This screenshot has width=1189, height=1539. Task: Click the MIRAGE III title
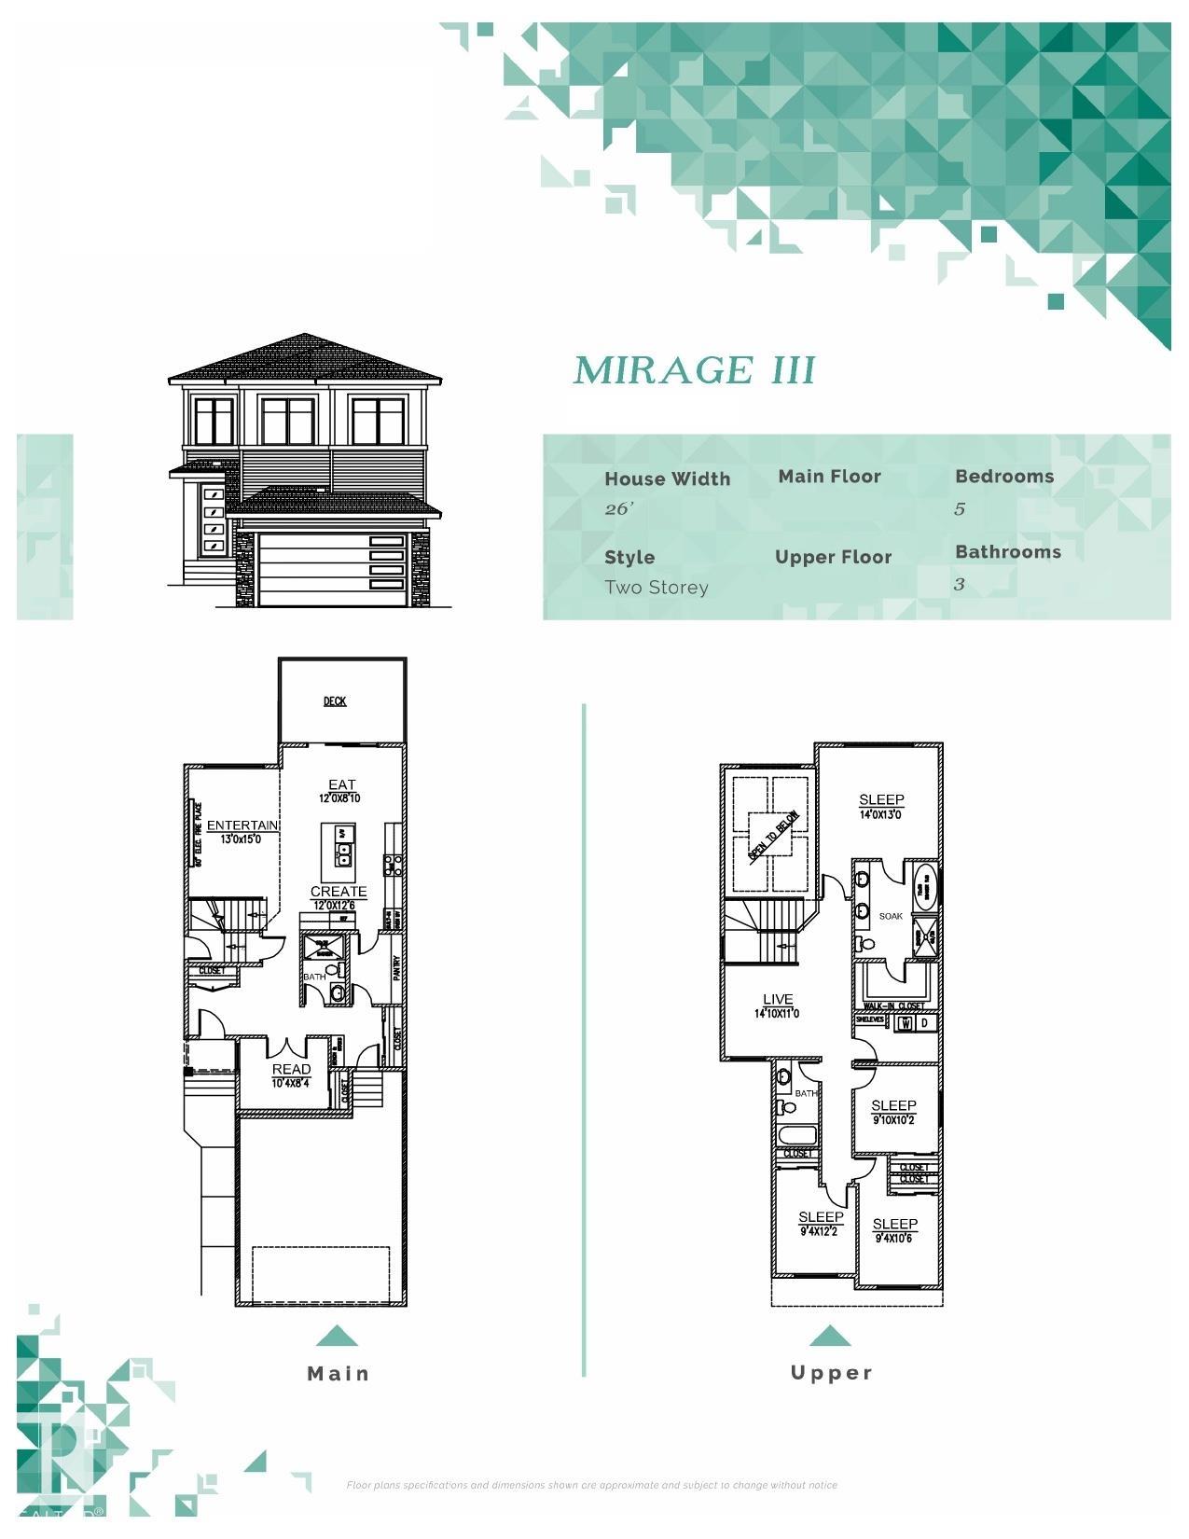[694, 370]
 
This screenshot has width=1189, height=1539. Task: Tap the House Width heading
[667, 478]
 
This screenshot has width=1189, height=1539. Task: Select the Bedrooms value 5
[960, 508]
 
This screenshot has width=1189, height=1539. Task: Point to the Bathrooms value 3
[959, 584]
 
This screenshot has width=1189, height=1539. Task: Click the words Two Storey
[656, 588]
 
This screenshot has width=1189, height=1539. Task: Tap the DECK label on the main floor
[335, 701]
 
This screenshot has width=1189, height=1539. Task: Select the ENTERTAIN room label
[242, 825]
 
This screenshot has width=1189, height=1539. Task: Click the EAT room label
[341, 784]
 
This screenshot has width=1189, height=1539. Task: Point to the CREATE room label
[338, 892]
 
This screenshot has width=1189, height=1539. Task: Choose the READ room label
[291, 1069]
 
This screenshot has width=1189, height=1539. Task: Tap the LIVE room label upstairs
[777, 999]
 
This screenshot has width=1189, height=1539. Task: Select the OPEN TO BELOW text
[773, 836]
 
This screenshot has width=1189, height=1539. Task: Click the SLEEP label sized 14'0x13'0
[881, 799]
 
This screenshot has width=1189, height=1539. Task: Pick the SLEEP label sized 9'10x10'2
[893, 1105]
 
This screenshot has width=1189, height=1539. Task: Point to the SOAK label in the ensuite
[891, 916]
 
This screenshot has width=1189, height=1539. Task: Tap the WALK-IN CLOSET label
[894, 1006]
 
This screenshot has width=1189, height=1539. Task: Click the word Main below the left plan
[339, 1373]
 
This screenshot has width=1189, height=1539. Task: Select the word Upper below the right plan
[831, 1372]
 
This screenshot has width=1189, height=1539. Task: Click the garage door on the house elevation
[332, 569]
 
